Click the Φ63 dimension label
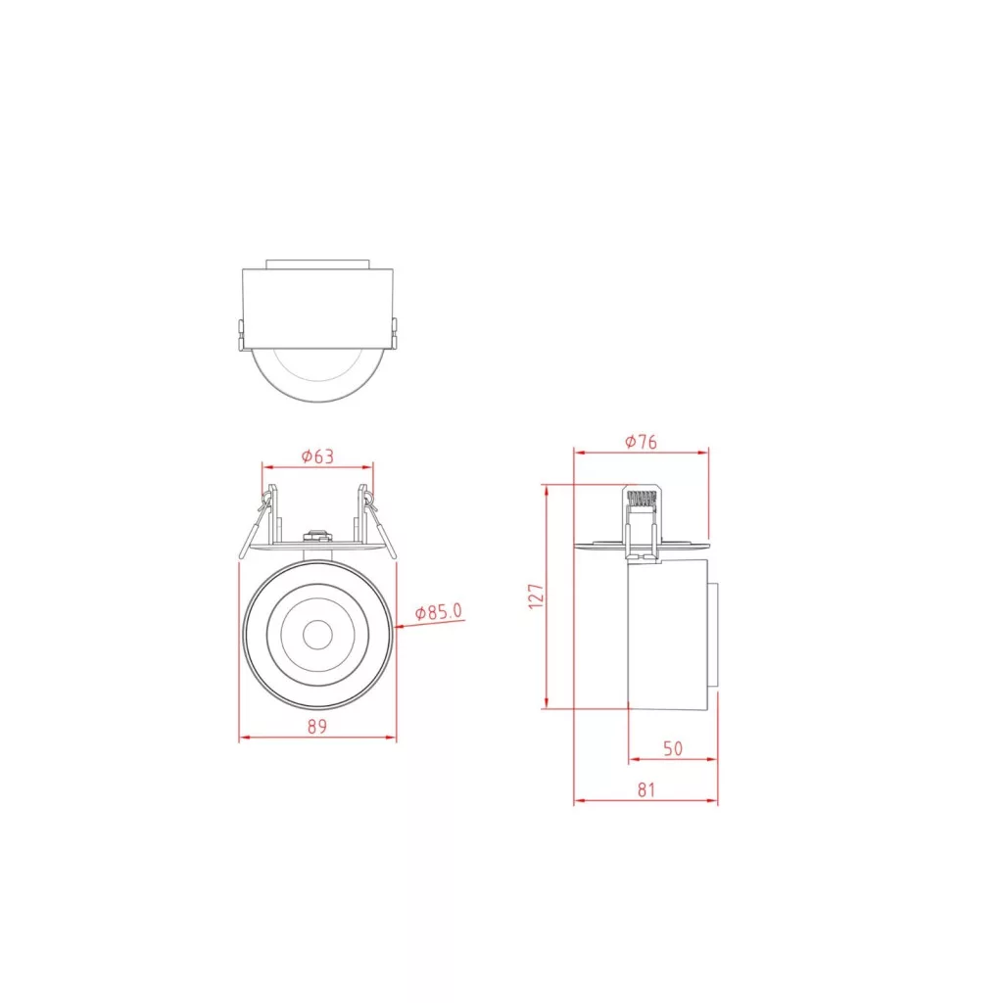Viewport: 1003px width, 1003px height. click(318, 456)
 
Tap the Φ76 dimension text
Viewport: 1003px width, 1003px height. click(641, 442)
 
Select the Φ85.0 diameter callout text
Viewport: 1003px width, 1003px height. click(439, 612)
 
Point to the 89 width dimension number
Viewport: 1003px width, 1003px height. click(317, 727)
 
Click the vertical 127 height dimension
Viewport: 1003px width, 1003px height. click(536, 596)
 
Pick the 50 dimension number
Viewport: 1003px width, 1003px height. click(673, 748)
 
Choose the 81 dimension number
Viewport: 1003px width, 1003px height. click(646, 790)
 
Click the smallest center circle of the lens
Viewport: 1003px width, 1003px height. click(317, 635)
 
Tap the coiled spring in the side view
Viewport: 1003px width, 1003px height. click(642, 499)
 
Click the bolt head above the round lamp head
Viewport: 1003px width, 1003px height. click(317, 535)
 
